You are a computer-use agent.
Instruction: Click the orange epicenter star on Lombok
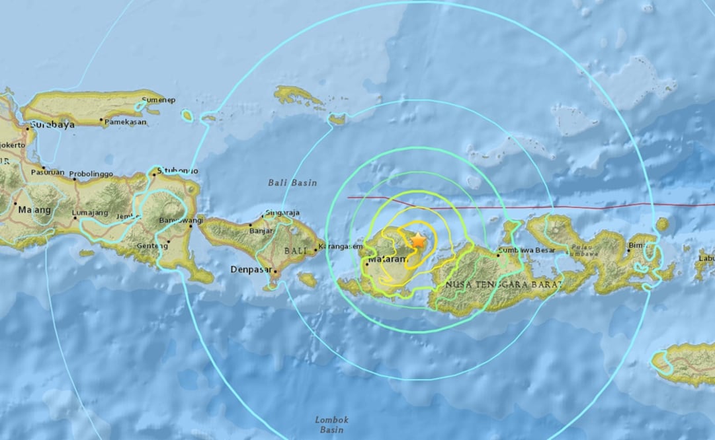[x=418, y=241]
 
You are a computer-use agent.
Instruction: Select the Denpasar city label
[x=249, y=270]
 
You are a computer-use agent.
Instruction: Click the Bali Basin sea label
[x=292, y=182]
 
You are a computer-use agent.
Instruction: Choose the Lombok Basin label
[x=331, y=424]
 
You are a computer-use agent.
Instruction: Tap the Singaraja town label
[x=282, y=212]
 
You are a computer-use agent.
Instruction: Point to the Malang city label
[x=34, y=209]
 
